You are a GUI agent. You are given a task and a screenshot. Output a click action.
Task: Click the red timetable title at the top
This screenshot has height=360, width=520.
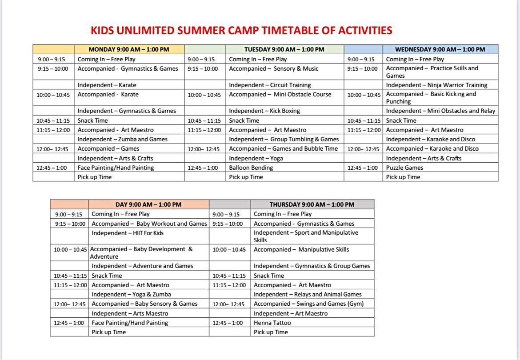pos(241,31)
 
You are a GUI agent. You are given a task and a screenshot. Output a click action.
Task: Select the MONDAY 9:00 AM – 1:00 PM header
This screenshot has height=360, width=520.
pos(129,49)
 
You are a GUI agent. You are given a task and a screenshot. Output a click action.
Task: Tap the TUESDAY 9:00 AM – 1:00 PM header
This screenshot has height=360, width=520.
pos(284,49)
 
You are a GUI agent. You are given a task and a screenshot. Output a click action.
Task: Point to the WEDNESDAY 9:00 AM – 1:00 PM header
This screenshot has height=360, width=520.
pos(440,49)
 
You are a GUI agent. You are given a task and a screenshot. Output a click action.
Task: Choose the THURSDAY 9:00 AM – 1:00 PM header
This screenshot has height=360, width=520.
pos(312,204)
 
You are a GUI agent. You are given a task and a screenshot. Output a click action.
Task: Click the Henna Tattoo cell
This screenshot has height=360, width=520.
pos(272,323)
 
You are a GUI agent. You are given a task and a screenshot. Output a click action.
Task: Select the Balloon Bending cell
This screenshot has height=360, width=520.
pos(251,168)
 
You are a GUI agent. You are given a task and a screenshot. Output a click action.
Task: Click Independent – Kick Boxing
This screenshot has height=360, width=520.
pos(264,111)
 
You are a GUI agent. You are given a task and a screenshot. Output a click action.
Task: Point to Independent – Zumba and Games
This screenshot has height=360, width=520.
pos(122,139)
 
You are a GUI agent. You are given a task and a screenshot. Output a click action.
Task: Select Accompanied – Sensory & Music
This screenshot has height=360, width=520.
pos(274,68)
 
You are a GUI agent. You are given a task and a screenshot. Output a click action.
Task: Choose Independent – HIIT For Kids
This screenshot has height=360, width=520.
pos(128,233)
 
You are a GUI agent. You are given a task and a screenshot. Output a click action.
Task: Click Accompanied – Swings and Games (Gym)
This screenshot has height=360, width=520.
pos(309,304)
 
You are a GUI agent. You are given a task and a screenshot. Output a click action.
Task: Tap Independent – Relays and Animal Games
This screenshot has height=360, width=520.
pos(308,294)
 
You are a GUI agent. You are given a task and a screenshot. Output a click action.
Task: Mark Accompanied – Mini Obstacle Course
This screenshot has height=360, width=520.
pos(280,95)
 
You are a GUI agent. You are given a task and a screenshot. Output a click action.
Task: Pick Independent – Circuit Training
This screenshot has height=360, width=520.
pos(270,85)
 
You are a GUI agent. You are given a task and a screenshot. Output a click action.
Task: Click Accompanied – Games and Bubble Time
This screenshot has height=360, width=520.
pos(284,148)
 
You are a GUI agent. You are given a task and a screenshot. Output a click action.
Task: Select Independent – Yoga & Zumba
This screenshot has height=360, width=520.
pos(131,294)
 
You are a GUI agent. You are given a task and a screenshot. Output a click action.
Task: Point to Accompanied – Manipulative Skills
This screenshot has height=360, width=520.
pos(301,250)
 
